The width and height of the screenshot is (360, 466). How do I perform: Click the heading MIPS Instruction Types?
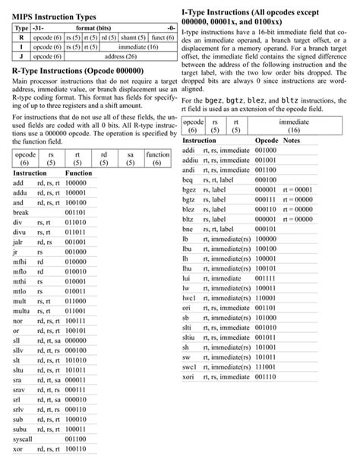(54, 14)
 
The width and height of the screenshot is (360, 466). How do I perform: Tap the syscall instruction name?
(23, 439)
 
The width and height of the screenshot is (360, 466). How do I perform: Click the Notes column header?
(292, 141)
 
